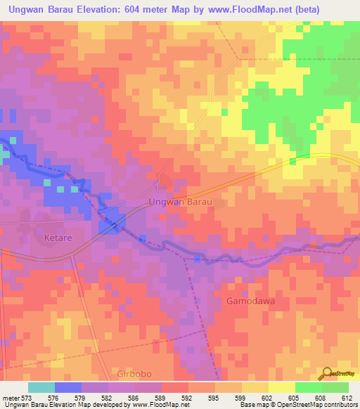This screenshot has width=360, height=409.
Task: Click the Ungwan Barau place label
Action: point(180,202)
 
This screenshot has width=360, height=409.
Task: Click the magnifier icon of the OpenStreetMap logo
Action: point(328,373)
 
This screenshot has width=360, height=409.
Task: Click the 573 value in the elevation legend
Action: point(25,397)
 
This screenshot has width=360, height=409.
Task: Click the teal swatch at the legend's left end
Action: point(41,387)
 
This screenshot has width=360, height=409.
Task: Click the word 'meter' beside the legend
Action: point(9,397)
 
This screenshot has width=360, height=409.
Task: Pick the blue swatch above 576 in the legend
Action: point(68,387)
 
